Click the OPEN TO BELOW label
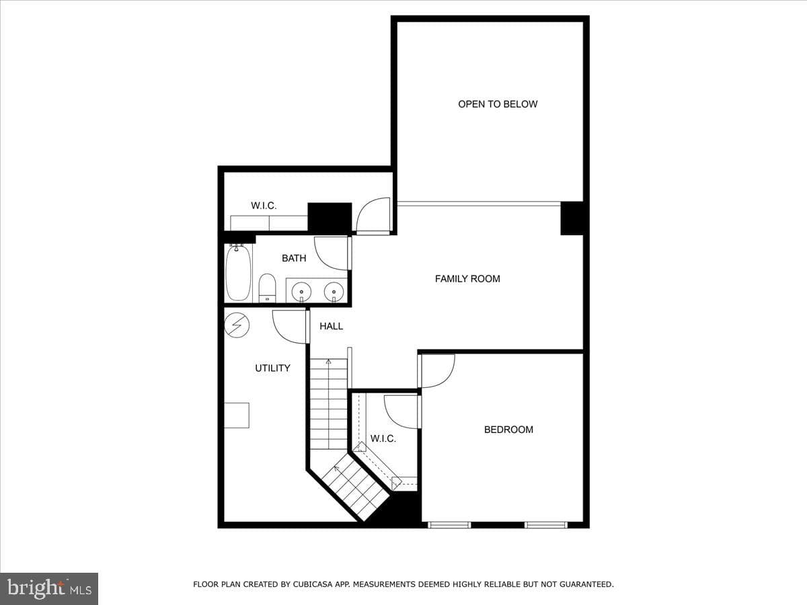coord(498,104)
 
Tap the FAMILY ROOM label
coord(467,279)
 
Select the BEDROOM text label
coord(508,430)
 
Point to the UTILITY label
coord(272,368)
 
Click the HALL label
coord(331,326)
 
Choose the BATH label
coord(294,258)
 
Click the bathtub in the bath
coord(238,272)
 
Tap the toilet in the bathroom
coord(267,288)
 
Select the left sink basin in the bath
coord(301,292)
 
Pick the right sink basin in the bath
coord(334,292)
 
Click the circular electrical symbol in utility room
coord(237,325)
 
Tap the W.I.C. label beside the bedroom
coord(383,438)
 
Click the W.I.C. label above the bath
coord(264,206)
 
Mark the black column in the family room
coord(572,218)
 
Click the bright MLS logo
coord(49,588)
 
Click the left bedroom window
coord(449,525)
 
